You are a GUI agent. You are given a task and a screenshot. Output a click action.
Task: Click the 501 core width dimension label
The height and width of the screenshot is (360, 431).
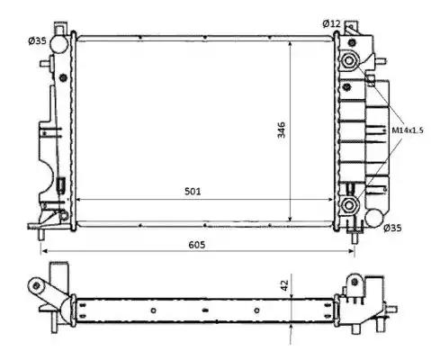193,191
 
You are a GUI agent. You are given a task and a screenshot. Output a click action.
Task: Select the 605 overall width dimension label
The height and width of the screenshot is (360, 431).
197,245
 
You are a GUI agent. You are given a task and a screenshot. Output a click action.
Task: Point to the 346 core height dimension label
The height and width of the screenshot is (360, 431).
282,130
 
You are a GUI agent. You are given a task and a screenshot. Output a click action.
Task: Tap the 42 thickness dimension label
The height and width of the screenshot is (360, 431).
284,285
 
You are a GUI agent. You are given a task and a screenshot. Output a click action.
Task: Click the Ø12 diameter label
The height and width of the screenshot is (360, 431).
331,23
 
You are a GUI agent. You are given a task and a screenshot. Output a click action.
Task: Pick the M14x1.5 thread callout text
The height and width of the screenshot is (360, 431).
408,130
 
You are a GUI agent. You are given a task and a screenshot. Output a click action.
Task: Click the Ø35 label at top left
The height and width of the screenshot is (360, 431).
37,40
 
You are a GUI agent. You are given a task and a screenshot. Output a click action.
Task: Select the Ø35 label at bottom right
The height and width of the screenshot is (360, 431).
392,229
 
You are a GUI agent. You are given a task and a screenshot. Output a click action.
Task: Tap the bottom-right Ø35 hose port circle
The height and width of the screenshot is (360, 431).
374,218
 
